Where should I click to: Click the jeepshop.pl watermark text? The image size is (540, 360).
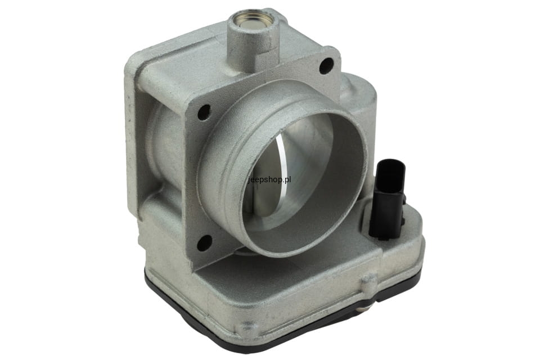269,179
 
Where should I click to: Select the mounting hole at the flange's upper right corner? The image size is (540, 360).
326,65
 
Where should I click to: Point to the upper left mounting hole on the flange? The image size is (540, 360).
204,112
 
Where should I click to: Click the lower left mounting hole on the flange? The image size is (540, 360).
204,242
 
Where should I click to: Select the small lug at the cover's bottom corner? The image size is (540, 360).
248,326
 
